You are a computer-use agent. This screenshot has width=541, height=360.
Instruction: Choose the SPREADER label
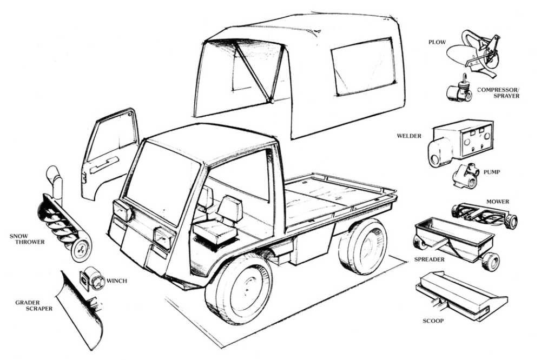pos(430,259)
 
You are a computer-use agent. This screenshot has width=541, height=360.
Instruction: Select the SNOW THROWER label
pos(27,238)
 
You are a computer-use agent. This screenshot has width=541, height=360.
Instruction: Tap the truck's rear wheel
pos(364,245)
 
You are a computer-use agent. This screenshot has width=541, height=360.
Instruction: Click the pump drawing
pos(466,176)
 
